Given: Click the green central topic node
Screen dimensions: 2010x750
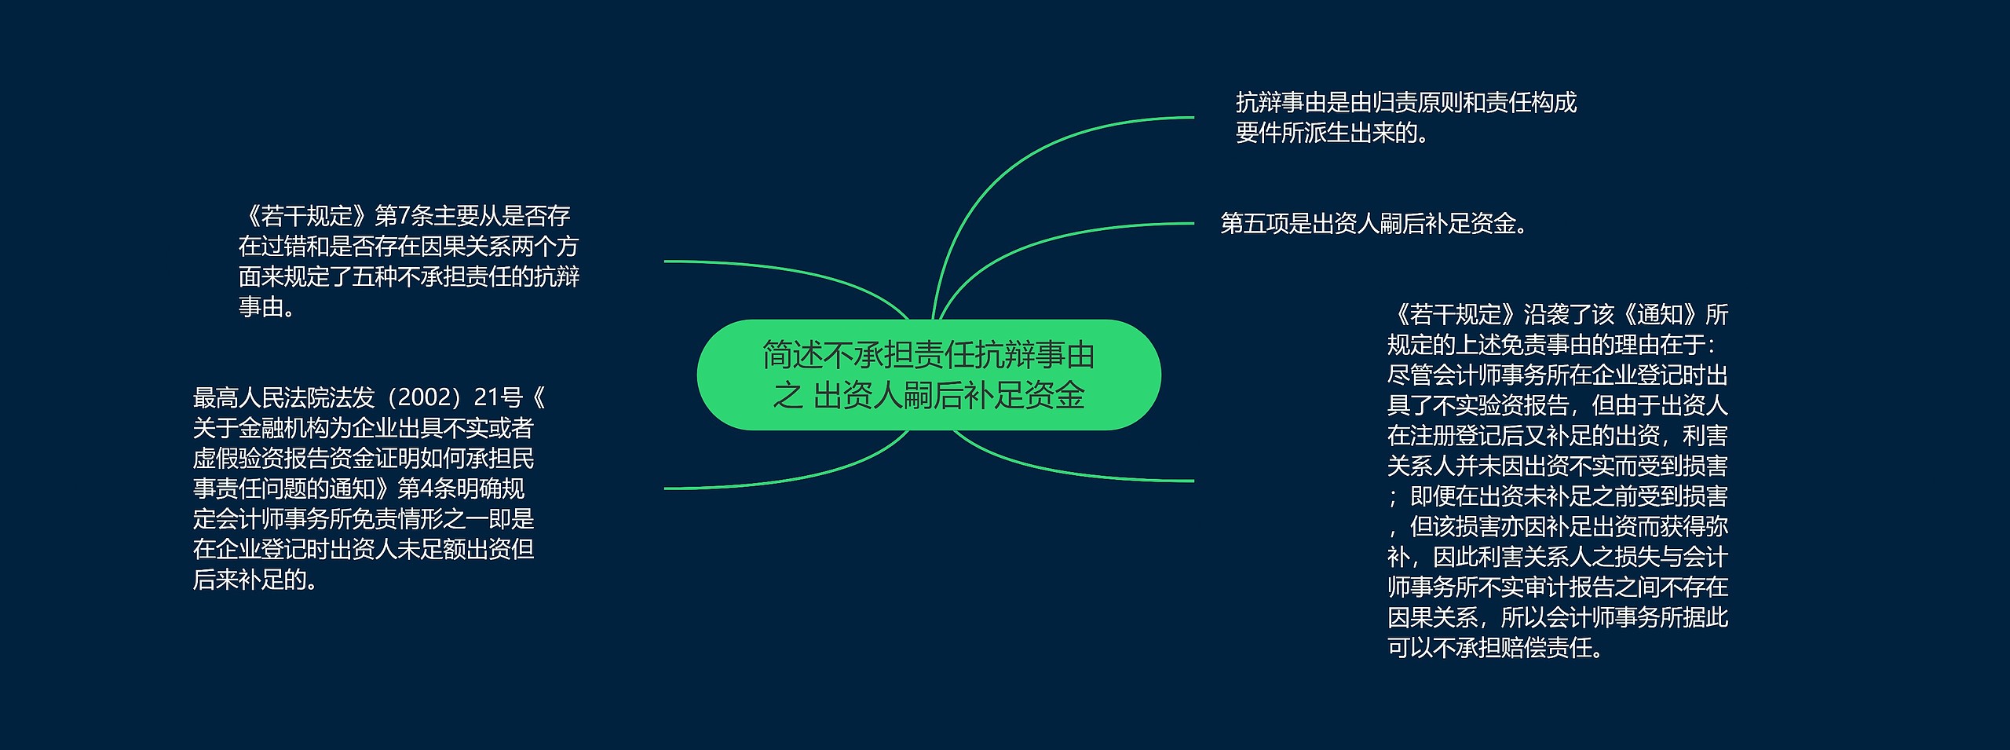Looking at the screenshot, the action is [929, 375].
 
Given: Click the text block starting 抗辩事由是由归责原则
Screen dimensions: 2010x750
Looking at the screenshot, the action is [1406, 118].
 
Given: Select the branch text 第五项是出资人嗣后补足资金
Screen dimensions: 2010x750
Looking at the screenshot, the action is [1374, 224].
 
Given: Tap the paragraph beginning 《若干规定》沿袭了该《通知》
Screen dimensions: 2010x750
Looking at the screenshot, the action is [1558, 481].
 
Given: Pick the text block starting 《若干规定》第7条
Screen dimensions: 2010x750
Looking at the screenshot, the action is [409, 262].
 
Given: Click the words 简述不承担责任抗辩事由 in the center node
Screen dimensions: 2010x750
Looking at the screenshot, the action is [929, 356].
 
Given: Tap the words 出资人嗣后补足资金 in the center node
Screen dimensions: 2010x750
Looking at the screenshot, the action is [949, 396].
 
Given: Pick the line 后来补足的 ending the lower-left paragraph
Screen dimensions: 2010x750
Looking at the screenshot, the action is [260, 580].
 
